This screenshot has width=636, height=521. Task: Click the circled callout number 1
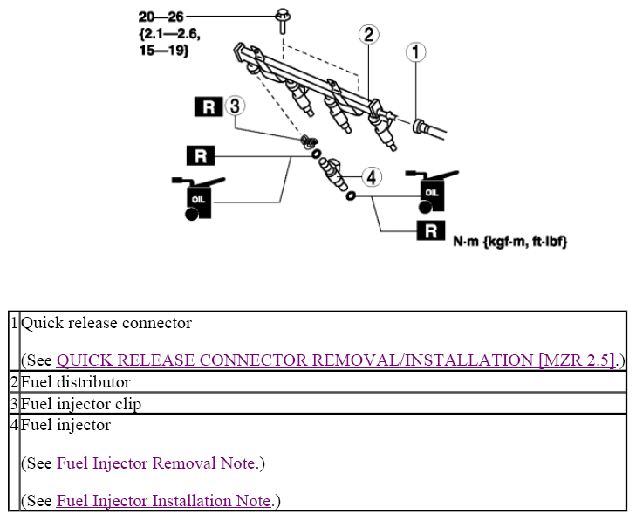click(416, 52)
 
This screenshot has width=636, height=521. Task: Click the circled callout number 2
click(368, 34)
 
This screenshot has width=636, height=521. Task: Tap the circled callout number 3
click(234, 106)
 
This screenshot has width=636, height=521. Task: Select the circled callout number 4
click(372, 177)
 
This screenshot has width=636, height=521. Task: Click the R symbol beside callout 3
click(208, 107)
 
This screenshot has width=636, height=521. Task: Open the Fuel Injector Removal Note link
click(156, 463)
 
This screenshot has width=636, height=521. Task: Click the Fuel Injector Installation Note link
click(164, 501)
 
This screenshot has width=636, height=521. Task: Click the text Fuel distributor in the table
click(76, 382)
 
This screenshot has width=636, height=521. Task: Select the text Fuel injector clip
click(81, 403)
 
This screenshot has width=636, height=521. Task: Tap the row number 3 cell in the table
click(14, 403)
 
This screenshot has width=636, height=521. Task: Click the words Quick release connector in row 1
click(106, 323)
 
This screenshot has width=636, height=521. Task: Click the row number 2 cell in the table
click(14, 382)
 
